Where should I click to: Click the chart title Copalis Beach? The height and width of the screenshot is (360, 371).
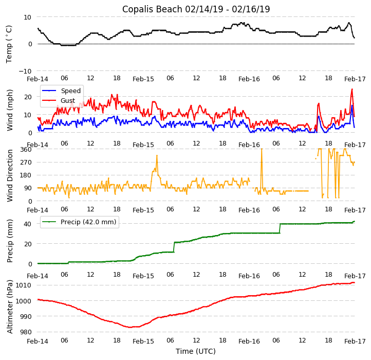[196, 9]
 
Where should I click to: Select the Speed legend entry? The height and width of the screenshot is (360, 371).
[70, 91]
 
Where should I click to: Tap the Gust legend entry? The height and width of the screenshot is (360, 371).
[67, 101]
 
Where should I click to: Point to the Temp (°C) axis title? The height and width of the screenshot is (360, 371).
[9, 44]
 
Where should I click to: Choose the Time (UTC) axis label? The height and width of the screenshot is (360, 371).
[196, 351]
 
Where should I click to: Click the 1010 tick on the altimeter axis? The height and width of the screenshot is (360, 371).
[25, 285]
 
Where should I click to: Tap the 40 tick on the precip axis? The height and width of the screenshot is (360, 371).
[28, 224]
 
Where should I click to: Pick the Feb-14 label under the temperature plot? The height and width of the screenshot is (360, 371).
[38, 79]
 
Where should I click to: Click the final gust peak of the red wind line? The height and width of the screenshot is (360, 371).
[352, 89]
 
